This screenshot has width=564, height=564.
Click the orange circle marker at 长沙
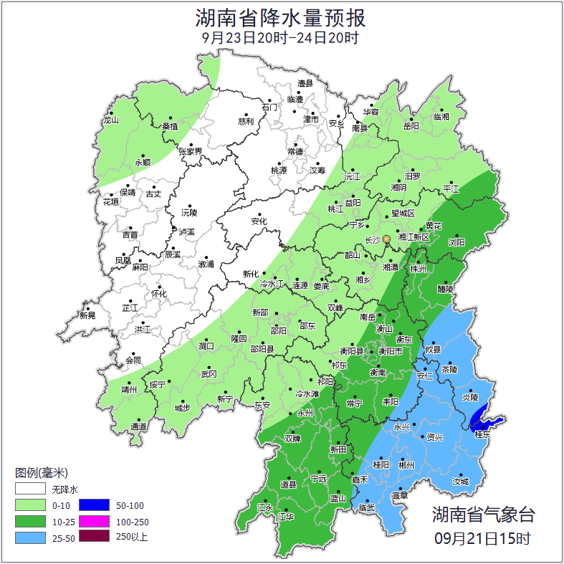386,239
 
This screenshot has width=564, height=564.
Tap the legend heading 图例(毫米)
41,473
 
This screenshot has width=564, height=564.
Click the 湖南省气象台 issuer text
483,514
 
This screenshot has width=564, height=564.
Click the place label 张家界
191,152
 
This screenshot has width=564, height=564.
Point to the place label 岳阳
411,126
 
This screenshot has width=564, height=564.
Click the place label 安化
259,221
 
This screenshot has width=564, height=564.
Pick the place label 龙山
110,120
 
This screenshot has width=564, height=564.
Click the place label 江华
286,517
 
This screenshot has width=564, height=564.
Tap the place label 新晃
87,315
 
